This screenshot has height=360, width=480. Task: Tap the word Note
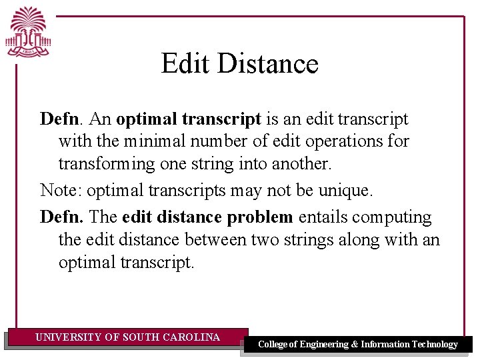click(61, 191)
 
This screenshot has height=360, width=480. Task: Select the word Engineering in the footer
click(324, 345)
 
